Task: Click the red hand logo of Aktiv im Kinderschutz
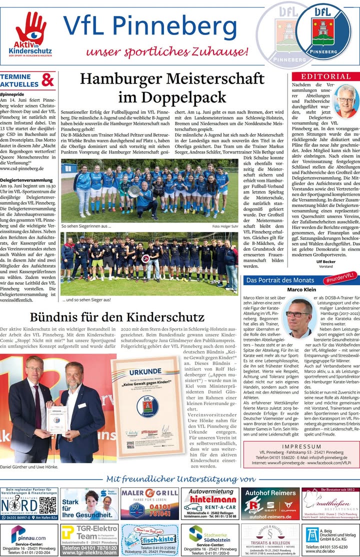point(30,27)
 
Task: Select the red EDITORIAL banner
point(325,76)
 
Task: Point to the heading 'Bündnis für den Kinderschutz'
point(117,317)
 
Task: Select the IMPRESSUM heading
point(301,446)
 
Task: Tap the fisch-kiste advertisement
point(149,539)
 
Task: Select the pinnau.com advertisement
point(29,539)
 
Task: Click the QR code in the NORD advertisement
point(47,505)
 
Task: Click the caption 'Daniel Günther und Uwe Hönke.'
point(29,467)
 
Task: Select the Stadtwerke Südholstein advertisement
point(209,539)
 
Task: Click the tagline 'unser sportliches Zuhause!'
point(167,51)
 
